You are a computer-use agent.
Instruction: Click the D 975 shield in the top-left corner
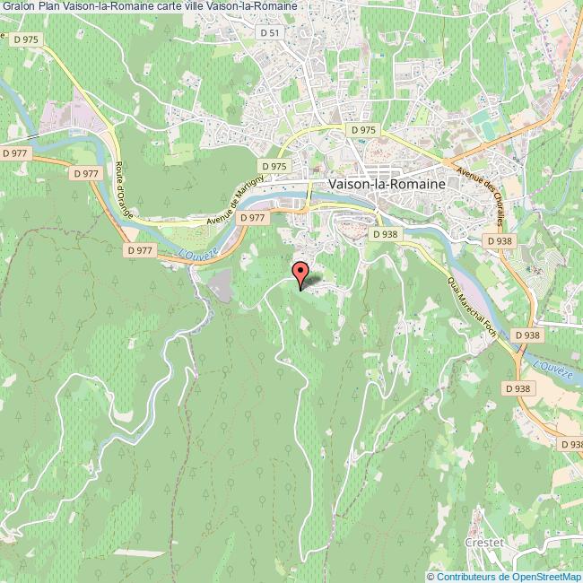24,39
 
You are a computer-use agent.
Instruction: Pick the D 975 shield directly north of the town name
364,130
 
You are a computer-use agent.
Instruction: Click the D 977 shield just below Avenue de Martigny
254,217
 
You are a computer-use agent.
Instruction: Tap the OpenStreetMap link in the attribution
546,576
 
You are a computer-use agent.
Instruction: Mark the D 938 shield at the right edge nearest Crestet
570,444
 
